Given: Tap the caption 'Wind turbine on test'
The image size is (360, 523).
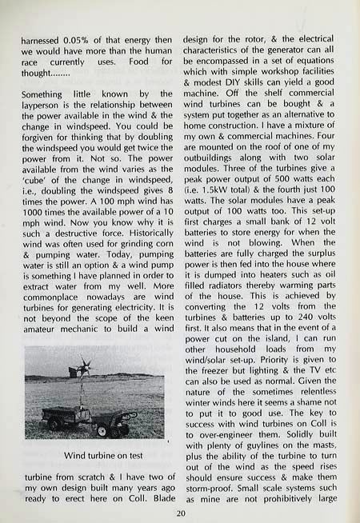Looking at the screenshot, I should [96, 455].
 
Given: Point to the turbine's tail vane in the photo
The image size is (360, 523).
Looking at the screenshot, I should [73, 371].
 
